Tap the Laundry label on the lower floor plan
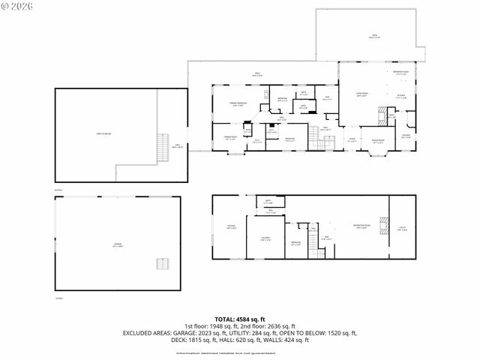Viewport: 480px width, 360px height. (x=265, y=238)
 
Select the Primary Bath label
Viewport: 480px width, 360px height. (x=230, y=137)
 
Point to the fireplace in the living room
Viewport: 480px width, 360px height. (x=383, y=116)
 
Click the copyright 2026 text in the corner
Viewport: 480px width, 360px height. (x=17, y=6)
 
